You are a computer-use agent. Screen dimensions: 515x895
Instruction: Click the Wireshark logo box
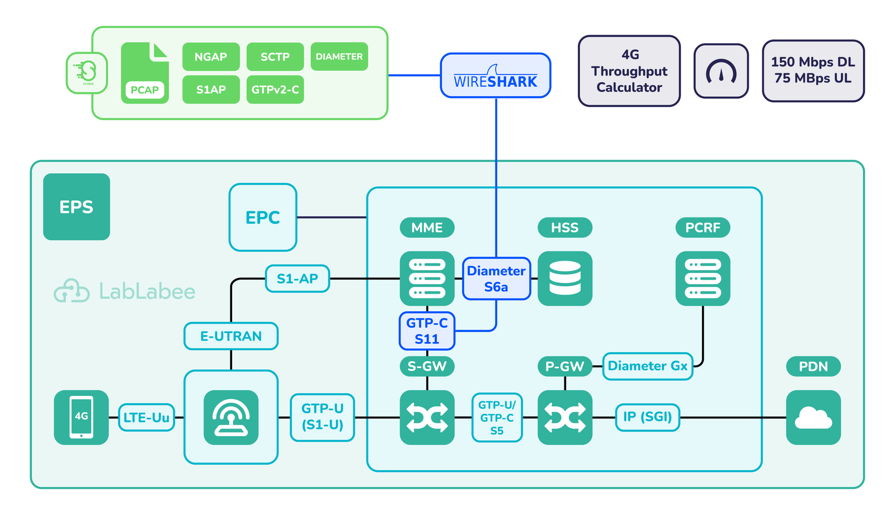[x=495, y=75]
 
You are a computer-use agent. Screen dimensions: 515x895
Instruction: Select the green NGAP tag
[x=211, y=56]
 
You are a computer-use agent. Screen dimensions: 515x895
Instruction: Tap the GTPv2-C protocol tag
[x=275, y=89]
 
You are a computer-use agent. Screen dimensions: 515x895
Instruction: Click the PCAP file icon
[x=144, y=73]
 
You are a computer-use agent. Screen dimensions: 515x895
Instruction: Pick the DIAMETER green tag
[x=339, y=56]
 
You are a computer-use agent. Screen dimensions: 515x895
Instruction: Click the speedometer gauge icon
[x=721, y=71]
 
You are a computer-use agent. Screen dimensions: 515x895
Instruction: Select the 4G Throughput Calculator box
[x=629, y=71]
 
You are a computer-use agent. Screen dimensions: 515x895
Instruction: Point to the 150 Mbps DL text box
[x=813, y=70]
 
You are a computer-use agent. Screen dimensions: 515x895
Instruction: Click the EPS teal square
[x=77, y=207]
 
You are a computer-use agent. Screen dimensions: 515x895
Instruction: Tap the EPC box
[x=263, y=217]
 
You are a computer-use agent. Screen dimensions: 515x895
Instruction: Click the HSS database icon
[x=564, y=278]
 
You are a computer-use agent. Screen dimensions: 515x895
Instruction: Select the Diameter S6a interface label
[x=496, y=278]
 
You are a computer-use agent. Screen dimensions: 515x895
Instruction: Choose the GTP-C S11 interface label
[x=427, y=330]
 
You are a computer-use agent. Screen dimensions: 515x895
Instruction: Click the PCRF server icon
[x=703, y=278]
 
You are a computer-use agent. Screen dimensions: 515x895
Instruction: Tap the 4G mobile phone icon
[x=81, y=417]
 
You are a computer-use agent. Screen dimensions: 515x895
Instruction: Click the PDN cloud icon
[x=813, y=417]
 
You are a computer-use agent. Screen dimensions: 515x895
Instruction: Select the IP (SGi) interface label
[x=647, y=417]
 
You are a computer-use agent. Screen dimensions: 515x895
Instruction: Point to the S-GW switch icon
[x=427, y=417]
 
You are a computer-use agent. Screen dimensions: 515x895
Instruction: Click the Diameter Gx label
[x=647, y=366]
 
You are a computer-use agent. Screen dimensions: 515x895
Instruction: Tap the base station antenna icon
[x=231, y=417]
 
